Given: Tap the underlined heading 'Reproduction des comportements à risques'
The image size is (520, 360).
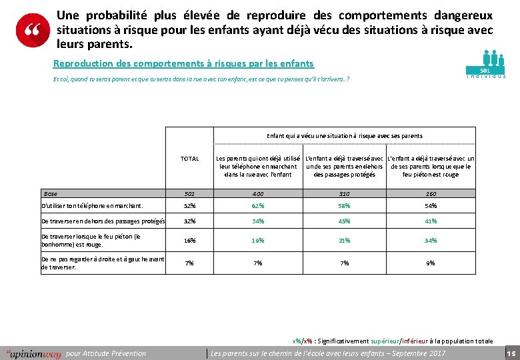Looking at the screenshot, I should click(183, 64).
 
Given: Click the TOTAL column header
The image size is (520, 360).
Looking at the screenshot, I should click(190, 159).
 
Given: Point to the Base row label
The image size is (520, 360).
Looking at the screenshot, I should click(51, 193).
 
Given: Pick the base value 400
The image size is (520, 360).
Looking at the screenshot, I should click(257, 194).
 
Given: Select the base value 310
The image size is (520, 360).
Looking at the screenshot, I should click(344, 194).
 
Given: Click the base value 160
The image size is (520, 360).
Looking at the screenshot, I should click(431, 194).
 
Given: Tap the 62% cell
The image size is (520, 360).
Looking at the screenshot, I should click(257, 206).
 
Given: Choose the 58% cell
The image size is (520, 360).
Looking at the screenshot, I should click(344, 206).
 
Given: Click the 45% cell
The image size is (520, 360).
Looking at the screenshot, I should click(344, 221).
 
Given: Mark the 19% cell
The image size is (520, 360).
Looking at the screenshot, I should click(257, 241).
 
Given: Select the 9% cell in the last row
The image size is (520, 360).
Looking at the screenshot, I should click(431, 263).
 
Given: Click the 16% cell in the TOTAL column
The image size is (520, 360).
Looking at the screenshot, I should click(190, 241).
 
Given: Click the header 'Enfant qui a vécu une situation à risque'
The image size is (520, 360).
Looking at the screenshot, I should click(344, 136).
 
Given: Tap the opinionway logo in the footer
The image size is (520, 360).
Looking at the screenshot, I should click(33, 353).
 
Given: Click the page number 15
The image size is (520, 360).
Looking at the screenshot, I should click(511, 353).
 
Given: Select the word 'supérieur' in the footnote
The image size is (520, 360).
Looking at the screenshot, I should click(383, 341).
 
